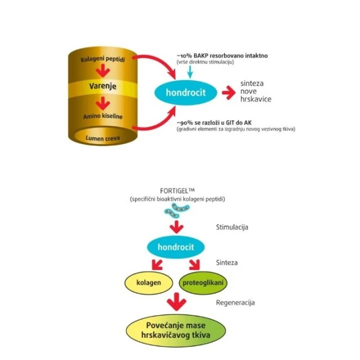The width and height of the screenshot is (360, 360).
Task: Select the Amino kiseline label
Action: [102, 116]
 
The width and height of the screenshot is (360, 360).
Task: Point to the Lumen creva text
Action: [102, 137]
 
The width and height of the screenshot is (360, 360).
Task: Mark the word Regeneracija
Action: [235, 303]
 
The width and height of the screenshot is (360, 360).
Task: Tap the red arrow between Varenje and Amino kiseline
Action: [102, 102]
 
